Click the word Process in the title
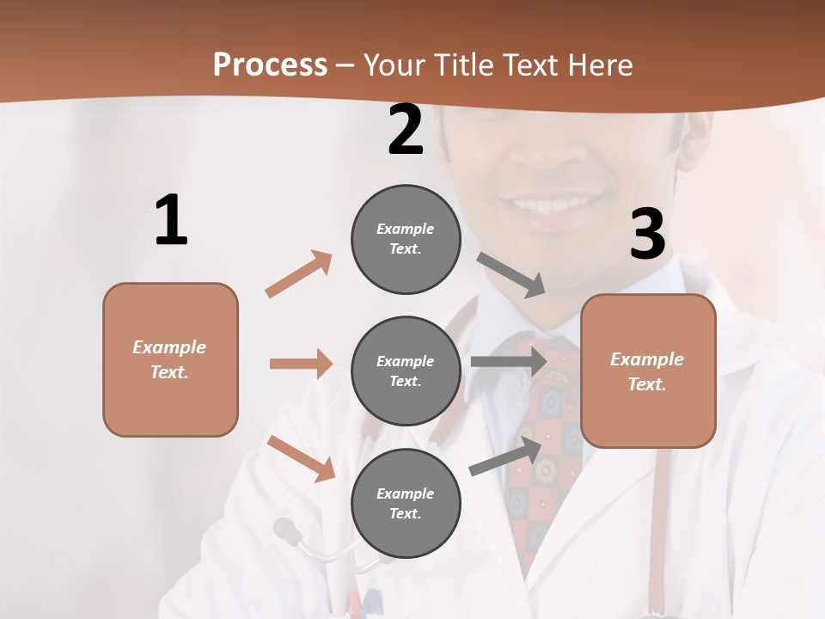tap(270, 65)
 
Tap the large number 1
tap(171, 221)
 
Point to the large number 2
tap(406, 131)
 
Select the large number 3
tap(647, 235)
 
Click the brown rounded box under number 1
tap(170, 359)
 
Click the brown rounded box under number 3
tap(648, 371)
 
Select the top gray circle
tap(406, 239)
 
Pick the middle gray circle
tap(406, 371)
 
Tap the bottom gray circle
tap(406, 503)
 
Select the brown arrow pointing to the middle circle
tap(301, 364)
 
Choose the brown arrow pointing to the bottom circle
tap(301, 458)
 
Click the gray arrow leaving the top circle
tap(512, 275)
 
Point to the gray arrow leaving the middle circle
tap(509, 362)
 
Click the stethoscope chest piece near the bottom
tap(287, 530)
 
